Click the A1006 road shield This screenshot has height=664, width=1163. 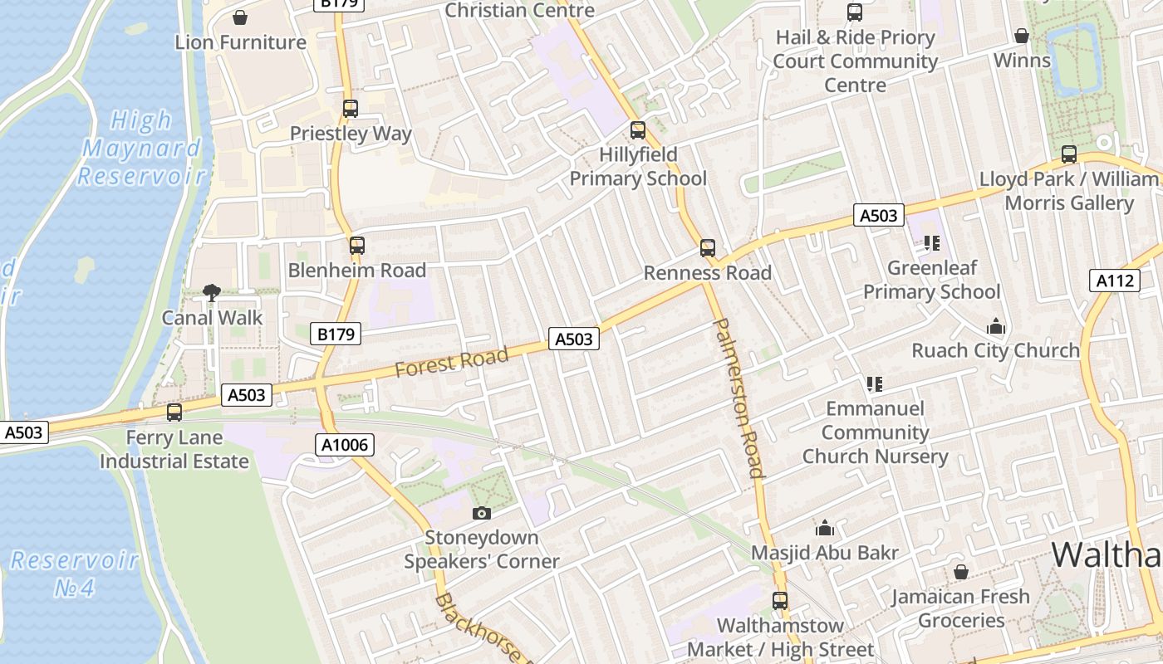point(345,445)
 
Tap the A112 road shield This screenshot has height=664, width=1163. point(1114,281)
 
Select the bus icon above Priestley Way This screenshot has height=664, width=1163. point(351,108)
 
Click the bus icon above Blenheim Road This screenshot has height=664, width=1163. point(357,245)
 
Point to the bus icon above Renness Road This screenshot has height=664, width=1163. point(708,247)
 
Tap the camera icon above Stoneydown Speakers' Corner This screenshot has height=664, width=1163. point(481,513)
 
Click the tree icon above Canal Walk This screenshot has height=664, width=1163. point(212,292)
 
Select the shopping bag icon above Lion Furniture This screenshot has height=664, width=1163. point(240,17)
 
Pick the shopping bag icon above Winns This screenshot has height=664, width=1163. point(1022,36)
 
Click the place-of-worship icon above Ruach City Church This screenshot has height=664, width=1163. point(996,326)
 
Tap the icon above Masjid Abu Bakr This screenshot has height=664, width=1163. point(825,528)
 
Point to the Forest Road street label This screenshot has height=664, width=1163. point(451,362)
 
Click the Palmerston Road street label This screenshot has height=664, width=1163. point(739,398)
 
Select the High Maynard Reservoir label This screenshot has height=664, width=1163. point(142,148)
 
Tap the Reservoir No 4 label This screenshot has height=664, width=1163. point(75,574)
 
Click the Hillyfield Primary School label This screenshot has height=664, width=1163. point(638,166)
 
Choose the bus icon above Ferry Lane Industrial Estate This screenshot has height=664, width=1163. point(174,412)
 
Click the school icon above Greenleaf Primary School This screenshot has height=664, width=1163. point(931,243)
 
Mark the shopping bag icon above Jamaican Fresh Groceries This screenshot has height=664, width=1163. point(961,572)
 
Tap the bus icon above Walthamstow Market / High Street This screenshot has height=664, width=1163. point(780,600)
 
